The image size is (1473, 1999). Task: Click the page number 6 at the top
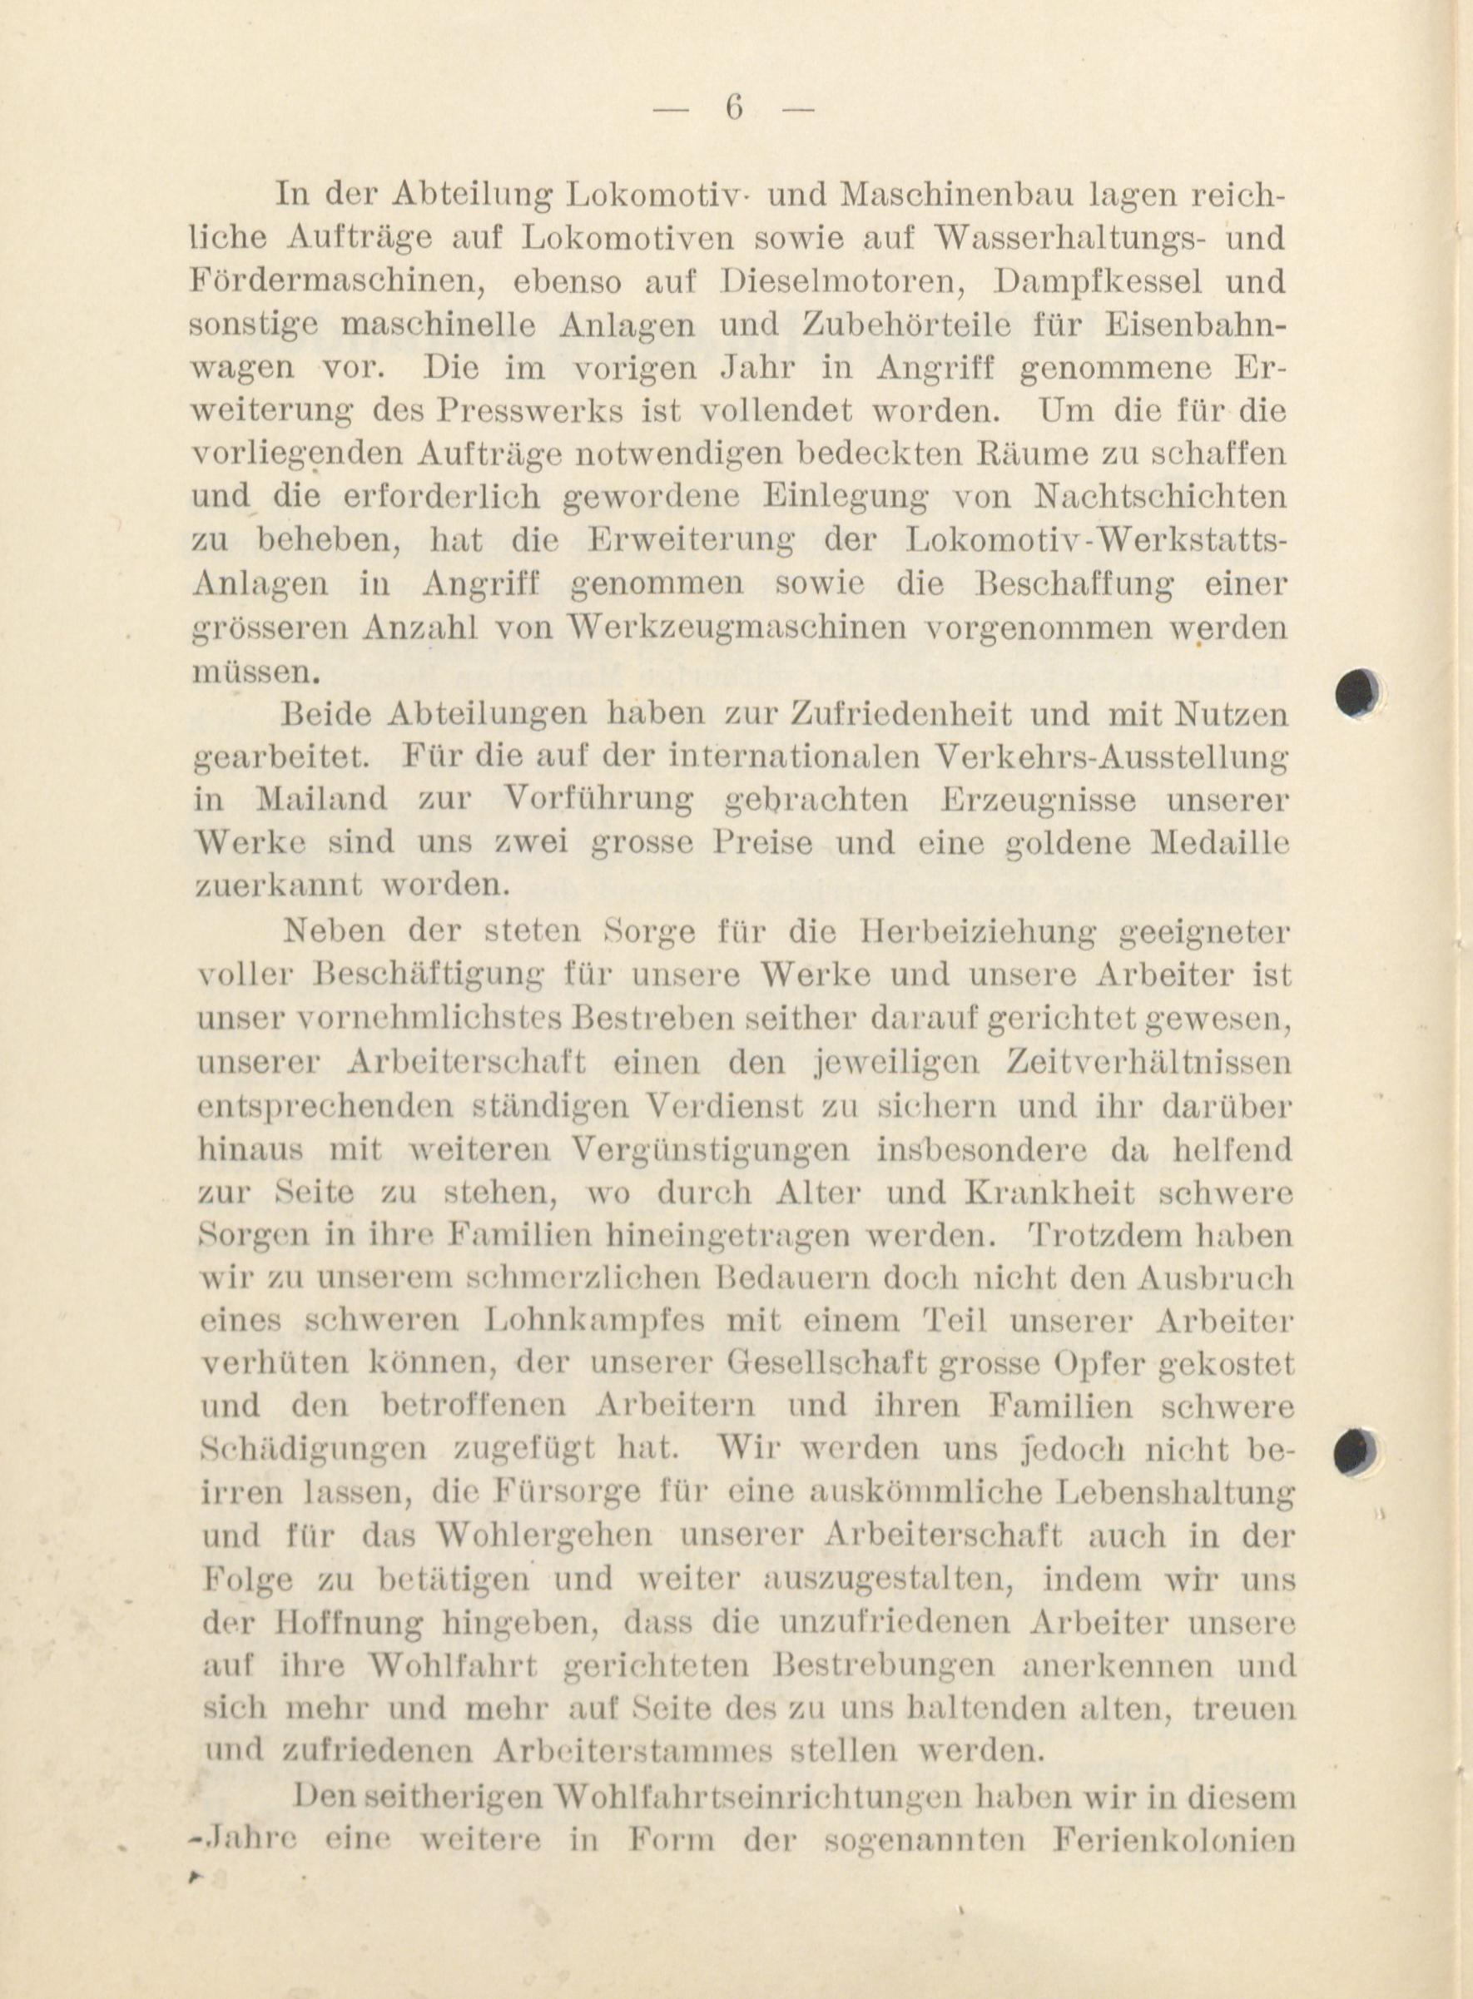click(x=734, y=109)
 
